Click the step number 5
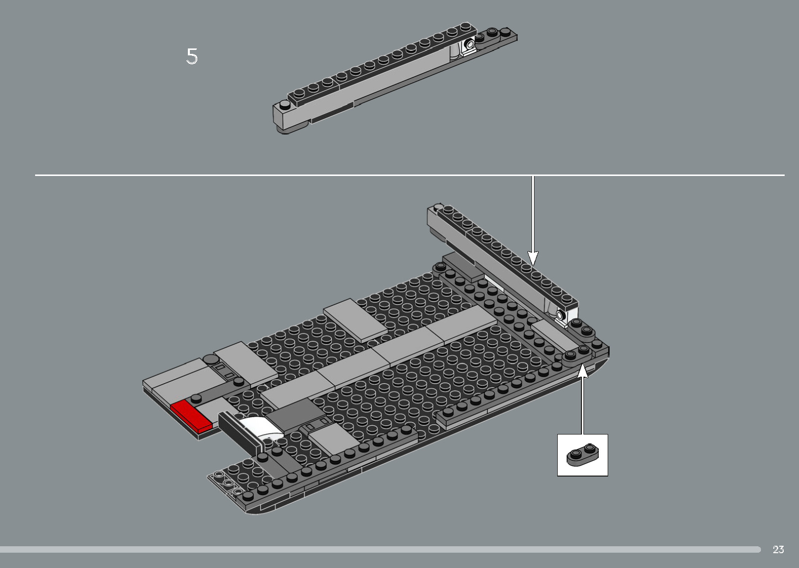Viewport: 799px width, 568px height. coord(192,56)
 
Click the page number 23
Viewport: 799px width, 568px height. coord(778,549)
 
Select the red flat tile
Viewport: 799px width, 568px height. coord(191,414)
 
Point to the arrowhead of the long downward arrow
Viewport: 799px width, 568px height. coord(533,258)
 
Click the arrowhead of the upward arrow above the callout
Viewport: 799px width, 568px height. coord(583,370)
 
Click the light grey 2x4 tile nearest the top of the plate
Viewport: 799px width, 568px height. coord(355,320)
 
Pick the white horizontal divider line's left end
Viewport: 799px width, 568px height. coord(36,175)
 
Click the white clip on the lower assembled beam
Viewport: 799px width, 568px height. coord(560,315)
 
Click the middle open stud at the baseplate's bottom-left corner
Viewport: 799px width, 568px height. coord(228,483)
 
